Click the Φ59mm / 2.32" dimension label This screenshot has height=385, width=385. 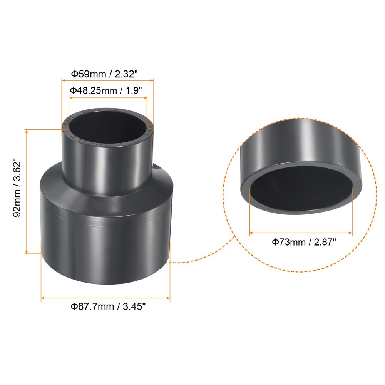108,73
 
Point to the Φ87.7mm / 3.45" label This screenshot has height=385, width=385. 108,307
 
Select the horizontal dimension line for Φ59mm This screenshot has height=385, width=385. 108,80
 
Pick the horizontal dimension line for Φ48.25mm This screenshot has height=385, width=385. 108,97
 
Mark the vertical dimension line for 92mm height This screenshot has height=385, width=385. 27,191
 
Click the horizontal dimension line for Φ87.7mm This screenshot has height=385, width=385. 105,298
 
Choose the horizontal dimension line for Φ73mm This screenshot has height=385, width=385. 301,233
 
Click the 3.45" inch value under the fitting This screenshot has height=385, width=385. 134,307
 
